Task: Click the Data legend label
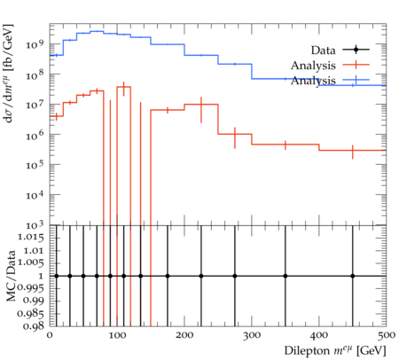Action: tap(323, 51)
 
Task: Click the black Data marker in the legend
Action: tap(356, 50)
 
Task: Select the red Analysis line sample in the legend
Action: tap(356, 65)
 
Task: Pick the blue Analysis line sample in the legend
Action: tap(356, 80)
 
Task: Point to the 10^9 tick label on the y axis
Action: tap(35, 44)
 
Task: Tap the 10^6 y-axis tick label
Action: tap(35, 135)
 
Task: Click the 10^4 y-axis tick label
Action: tap(35, 195)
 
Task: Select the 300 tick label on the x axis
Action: tap(252, 335)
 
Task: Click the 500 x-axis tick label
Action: tap(387, 335)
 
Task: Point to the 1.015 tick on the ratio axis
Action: tap(31, 238)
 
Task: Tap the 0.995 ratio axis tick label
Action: tap(31, 288)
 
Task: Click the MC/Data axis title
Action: tap(12, 276)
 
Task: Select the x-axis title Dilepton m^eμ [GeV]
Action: tap(335, 351)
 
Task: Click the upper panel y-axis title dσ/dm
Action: tap(8, 74)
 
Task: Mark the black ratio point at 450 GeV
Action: tap(353, 276)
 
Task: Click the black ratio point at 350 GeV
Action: tap(286, 276)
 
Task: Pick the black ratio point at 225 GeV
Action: tap(201, 276)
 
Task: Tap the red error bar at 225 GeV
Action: tap(201, 110)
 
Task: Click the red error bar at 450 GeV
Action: tap(353, 152)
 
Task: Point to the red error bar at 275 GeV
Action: tap(235, 137)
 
